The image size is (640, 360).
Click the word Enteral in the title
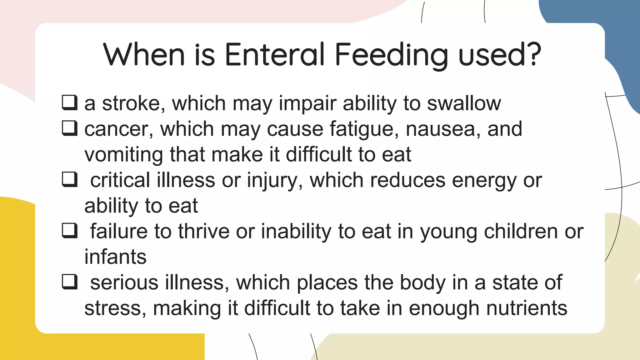(x=275, y=55)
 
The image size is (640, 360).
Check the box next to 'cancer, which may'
(x=69, y=128)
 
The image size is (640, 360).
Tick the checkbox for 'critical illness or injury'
(x=69, y=179)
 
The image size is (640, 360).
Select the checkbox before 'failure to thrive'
(x=69, y=231)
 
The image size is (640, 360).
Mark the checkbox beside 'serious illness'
(x=69, y=282)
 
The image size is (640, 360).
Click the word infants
(x=115, y=257)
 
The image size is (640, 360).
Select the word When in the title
(x=144, y=55)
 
